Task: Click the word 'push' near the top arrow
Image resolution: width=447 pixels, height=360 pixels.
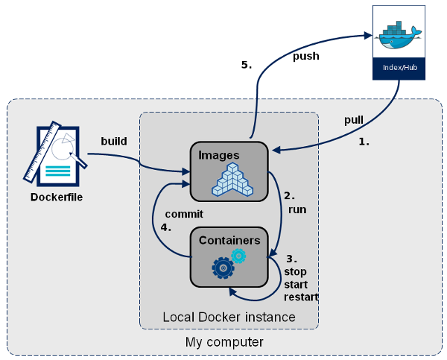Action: point(306,56)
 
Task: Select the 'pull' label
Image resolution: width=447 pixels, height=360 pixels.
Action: point(354,120)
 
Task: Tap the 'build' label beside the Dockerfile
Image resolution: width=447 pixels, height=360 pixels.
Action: point(114,141)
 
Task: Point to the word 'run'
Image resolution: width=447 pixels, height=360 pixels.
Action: point(297,209)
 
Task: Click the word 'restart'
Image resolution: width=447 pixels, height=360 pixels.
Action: point(301,297)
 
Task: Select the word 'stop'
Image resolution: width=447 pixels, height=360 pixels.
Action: point(295,271)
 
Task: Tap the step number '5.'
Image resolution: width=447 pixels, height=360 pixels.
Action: point(247,65)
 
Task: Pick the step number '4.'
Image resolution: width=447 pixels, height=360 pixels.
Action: point(166,227)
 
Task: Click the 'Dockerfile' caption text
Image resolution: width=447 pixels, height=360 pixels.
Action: point(57,198)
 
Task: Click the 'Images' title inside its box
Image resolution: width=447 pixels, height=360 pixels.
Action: point(218,155)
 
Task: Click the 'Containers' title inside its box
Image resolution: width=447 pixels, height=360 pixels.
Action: point(229,240)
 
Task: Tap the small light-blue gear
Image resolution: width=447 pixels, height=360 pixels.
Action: point(238,256)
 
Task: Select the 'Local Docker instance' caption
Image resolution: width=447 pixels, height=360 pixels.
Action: point(229,318)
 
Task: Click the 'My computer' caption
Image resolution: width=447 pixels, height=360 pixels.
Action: point(224,342)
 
